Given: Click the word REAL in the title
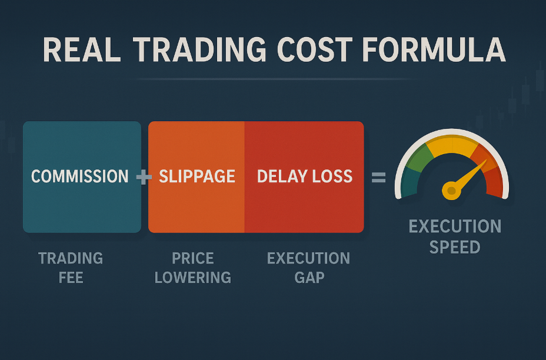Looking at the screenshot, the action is tap(82, 49).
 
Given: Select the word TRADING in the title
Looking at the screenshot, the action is tap(199, 49).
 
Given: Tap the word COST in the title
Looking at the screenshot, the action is tap(315, 49).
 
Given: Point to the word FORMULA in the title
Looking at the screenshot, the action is tap(434, 49).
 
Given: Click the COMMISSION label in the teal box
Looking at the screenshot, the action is tap(80, 176).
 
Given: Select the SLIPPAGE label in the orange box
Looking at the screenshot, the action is tap(197, 176).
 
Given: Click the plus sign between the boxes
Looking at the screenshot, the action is tap(144, 177).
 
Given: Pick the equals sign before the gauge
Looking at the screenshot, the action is tap(378, 177).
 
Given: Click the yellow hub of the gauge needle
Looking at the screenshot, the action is tap(451, 191).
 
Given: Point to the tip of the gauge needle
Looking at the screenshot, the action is tap(486, 160).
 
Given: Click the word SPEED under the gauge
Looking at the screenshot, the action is tap(455, 247).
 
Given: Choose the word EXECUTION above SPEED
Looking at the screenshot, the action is tap(455, 226).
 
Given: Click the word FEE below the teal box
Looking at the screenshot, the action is tap(71, 278).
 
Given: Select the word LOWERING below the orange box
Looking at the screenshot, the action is tap(193, 278).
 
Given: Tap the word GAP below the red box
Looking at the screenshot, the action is tap(309, 278).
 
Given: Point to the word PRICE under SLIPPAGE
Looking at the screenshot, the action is tap(193, 258).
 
